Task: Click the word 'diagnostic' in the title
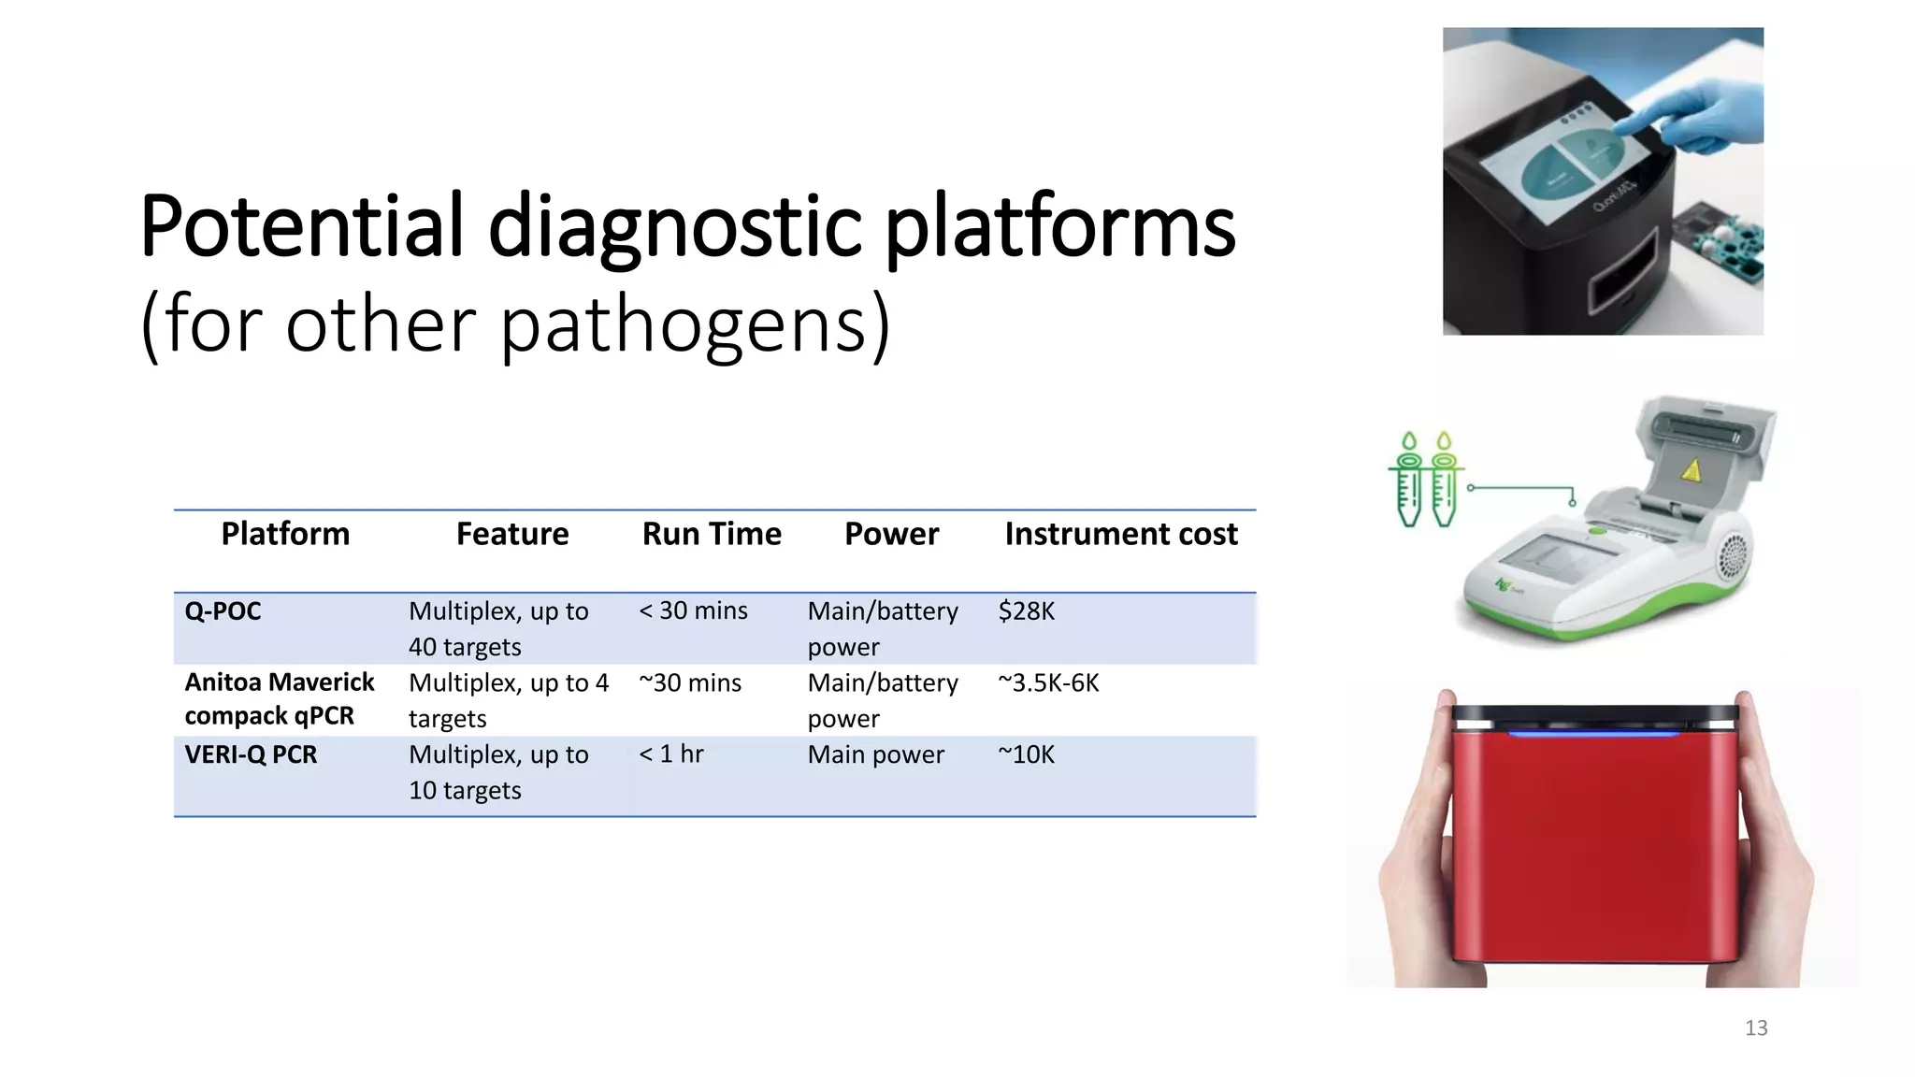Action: coord(674,227)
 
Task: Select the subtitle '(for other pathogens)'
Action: coord(515,323)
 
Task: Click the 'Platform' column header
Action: coord(285,534)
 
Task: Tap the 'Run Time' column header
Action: coord(712,534)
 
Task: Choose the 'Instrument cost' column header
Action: coord(1120,534)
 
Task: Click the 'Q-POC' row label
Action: coord(223,611)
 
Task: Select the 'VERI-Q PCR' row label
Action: coord(251,754)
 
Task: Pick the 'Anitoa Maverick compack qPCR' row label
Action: coord(279,698)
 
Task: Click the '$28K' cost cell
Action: coord(1026,611)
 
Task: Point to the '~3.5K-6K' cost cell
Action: coord(1048,683)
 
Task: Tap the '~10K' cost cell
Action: coord(1026,754)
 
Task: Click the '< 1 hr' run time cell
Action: coord(670,754)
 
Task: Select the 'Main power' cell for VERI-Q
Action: coord(875,754)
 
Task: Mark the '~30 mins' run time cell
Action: coord(690,683)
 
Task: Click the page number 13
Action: coord(1755,1028)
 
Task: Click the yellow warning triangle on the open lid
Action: coord(1691,470)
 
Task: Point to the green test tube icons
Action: coord(1426,480)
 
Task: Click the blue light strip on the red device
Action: coord(1594,735)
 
